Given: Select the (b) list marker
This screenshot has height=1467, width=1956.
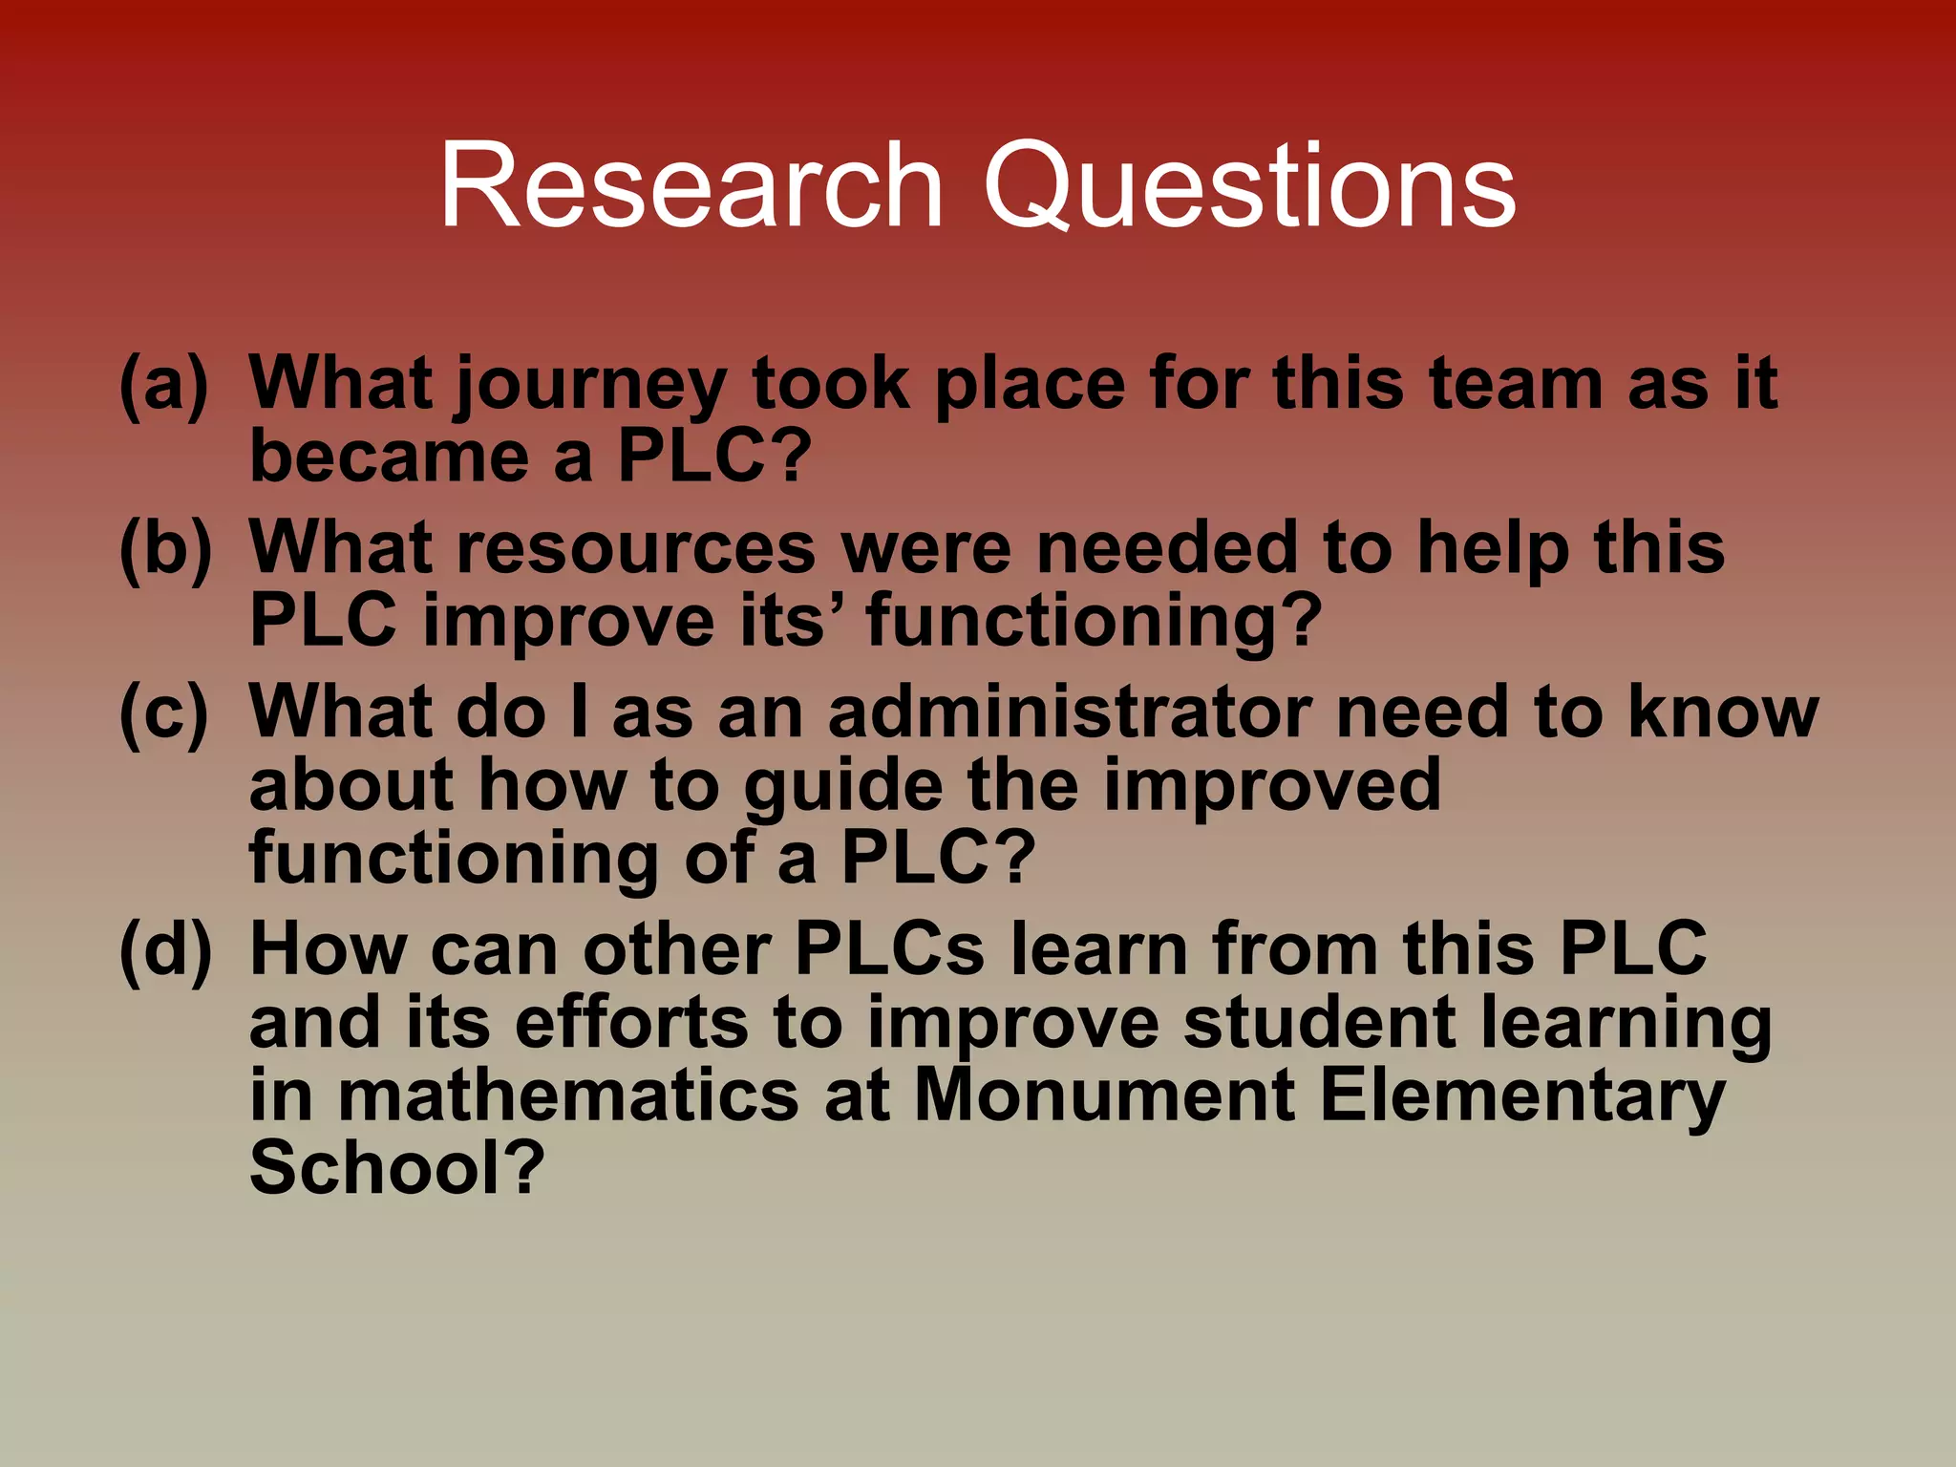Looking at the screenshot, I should pos(164,548).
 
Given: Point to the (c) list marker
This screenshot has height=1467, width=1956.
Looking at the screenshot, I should pos(163,712).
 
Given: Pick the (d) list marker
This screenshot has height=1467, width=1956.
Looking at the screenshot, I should pos(164,949).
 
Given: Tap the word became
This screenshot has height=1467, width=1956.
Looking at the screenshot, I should pos(389,457).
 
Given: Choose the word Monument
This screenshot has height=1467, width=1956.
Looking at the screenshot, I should pos(1104,1095).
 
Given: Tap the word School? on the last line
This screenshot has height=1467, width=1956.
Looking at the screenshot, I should pos(396,1167).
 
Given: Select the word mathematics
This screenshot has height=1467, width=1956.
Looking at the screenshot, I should pos(568,1095).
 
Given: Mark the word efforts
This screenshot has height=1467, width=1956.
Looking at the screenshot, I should pos(631,1022).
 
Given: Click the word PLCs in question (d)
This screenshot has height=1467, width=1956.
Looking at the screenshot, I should pos(889,949).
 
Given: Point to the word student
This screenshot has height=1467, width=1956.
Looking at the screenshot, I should pos(1319,1022).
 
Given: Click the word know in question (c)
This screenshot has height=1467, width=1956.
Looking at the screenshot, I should pos(1723,712).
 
